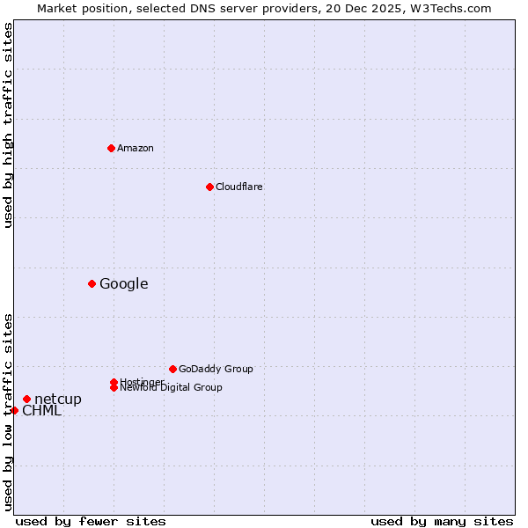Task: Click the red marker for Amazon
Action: (111, 148)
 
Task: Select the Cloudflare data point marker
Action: (209, 187)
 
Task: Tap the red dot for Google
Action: (92, 283)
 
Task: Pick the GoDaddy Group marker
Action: (172, 369)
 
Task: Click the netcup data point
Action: (26, 400)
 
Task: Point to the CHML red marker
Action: (14, 410)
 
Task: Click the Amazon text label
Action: (135, 148)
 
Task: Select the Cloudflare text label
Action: (238, 187)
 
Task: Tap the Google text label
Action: (123, 283)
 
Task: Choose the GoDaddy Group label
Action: (216, 369)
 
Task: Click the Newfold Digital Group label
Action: (171, 387)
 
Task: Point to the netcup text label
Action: (58, 400)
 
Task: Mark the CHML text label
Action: (41, 411)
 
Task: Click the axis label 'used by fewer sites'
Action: (91, 521)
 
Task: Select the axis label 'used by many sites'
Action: (442, 521)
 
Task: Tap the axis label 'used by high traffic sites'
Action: (8, 125)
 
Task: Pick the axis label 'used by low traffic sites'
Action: (8, 412)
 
